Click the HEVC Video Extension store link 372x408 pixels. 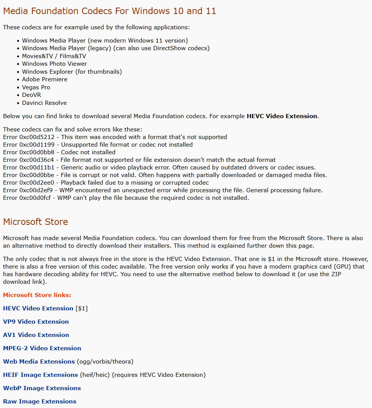pos(38,308)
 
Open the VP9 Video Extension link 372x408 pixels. pos(36,322)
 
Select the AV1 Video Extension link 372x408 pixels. pos(36,335)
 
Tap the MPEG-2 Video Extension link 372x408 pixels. pos(42,348)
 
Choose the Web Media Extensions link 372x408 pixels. pos(39,362)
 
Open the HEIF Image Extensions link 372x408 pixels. pos(40,375)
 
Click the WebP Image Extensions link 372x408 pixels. pos(42,388)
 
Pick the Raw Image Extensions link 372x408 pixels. pos(40,402)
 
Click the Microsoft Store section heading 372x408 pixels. pos(35,222)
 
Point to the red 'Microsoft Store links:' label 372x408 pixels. pos(37,295)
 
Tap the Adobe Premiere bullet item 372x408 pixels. pos(44,79)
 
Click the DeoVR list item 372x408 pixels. pos(32,95)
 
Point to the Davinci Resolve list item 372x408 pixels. pos(44,103)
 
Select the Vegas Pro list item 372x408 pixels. pos(36,87)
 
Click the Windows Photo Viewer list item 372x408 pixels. pos(54,64)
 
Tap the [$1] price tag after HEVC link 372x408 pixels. pos(82,308)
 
